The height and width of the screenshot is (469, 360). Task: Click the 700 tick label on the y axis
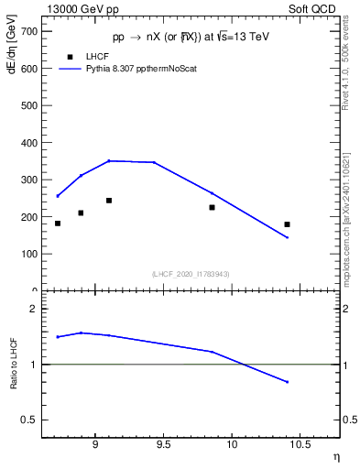pos(27,31)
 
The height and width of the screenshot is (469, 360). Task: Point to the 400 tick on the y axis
pos(27,143)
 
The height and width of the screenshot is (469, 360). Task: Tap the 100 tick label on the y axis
pos(27,254)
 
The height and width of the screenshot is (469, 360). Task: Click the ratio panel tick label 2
pos(34,309)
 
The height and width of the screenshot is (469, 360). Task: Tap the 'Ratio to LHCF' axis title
pos(13,364)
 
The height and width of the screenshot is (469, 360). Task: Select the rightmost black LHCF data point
pos(287,224)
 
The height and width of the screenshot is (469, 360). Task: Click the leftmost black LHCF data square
pos(58,224)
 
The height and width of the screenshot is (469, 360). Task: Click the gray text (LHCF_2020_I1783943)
pos(191,274)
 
